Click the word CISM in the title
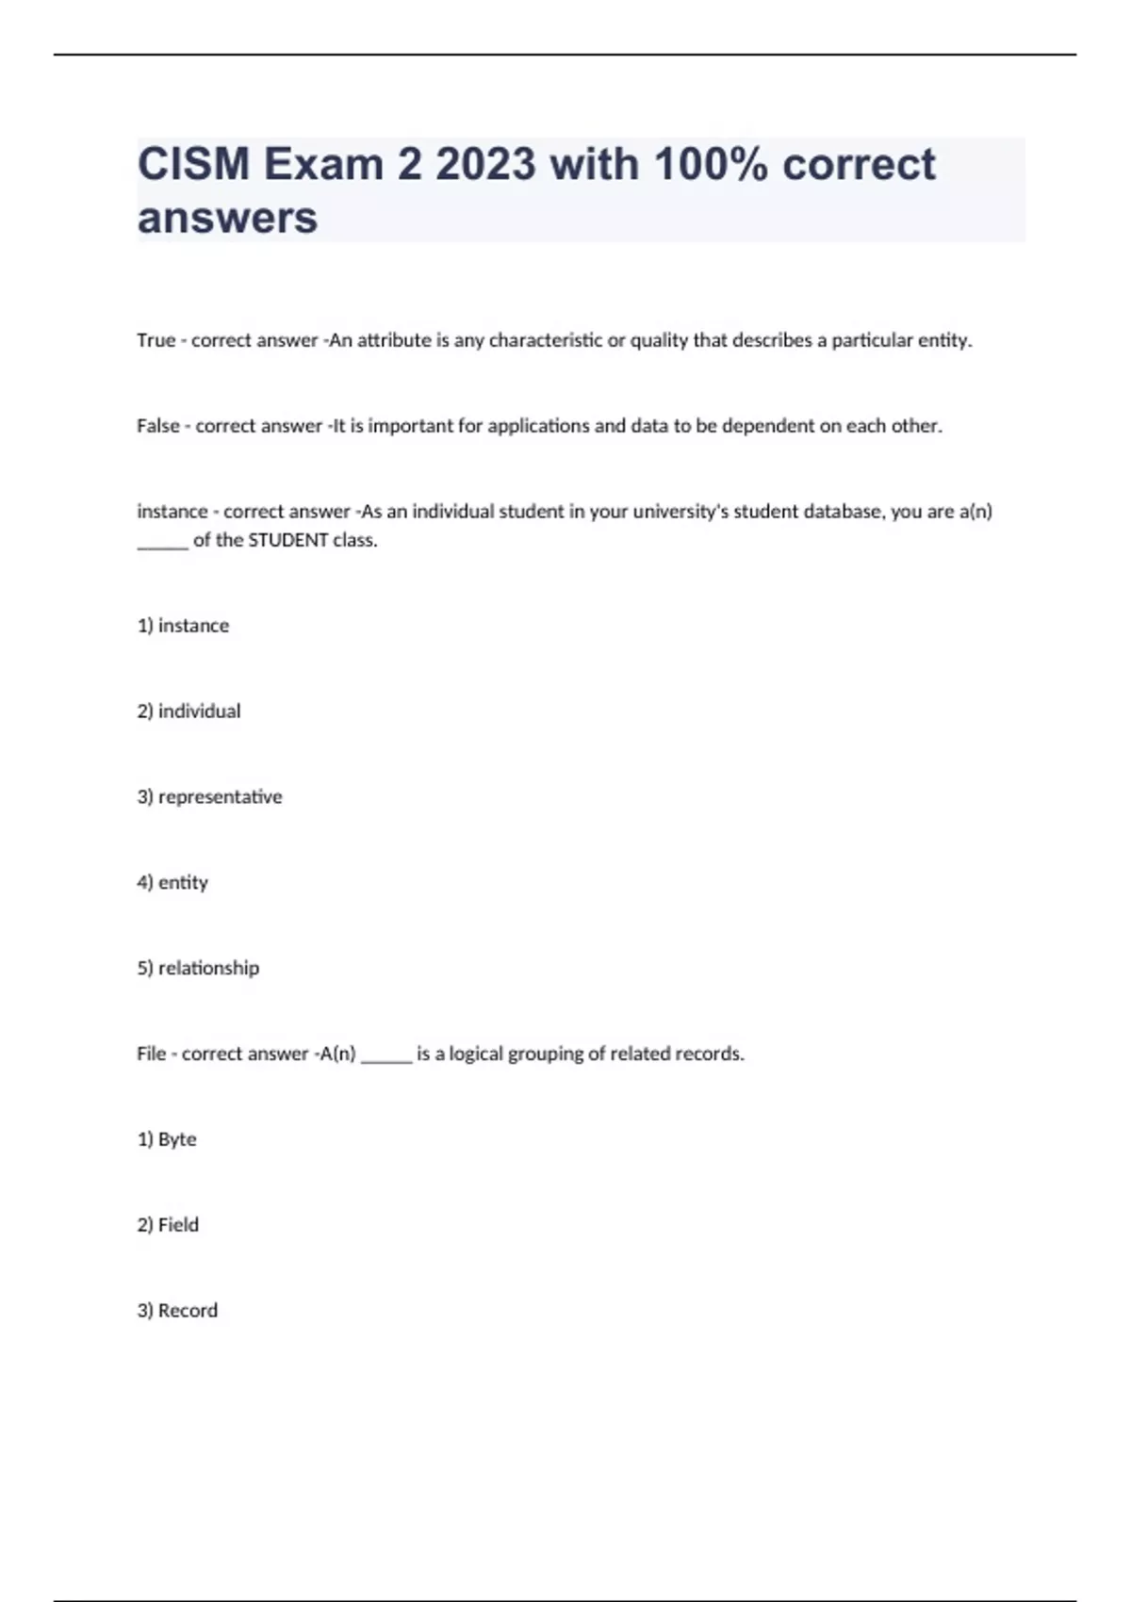click(x=194, y=164)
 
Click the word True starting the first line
click(x=156, y=340)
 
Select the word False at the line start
click(x=157, y=426)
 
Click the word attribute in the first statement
click(x=394, y=340)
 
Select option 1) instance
click(x=183, y=626)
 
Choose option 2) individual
click(x=188, y=711)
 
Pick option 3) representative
click(x=209, y=797)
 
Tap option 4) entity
click(x=172, y=883)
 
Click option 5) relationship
click(x=198, y=969)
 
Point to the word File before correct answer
click(x=151, y=1054)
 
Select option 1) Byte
click(x=167, y=1139)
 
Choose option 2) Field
click(x=168, y=1225)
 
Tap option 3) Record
click(x=177, y=1311)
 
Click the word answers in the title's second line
click(x=227, y=218)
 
